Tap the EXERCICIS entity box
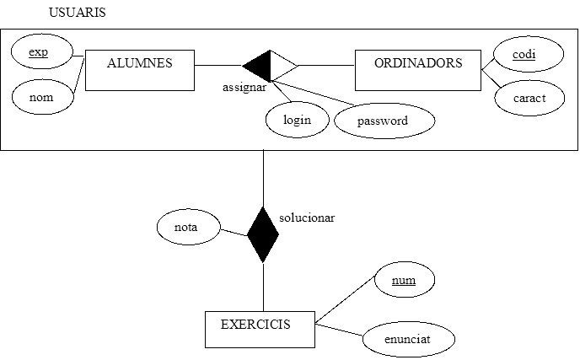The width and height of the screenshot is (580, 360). (260, 329)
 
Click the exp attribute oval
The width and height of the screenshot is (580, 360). (39, 53)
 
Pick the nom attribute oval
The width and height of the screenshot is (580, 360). (41, 98)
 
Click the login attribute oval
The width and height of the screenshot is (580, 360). (298, 120)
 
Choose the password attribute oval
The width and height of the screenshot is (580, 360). (384, 121)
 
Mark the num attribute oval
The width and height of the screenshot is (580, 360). (405, 280)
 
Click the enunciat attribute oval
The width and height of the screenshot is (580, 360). (408, 339)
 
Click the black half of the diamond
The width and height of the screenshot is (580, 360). (260, 66)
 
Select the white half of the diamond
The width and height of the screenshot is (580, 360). (282, 66)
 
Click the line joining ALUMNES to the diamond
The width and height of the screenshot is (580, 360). (218, 66)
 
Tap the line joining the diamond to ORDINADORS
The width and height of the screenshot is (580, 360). (325, 66)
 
